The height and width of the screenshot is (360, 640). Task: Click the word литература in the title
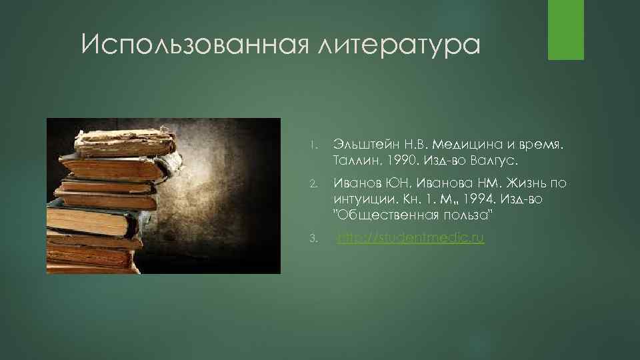pos(399,46)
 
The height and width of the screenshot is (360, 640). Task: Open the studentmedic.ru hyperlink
pos(411,238)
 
